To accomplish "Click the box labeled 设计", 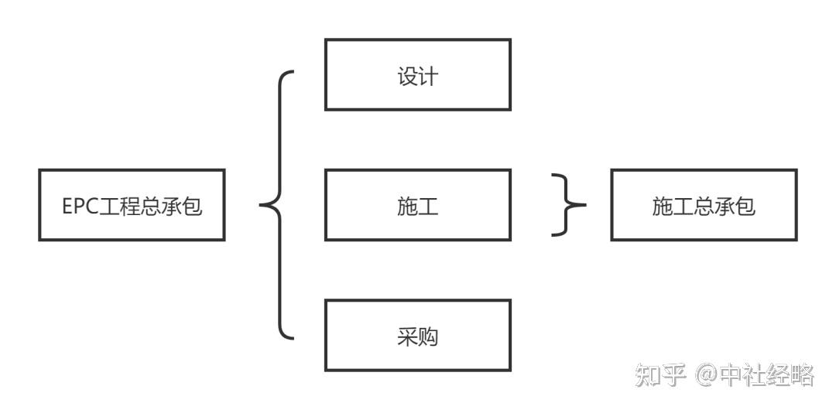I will click(417, 74).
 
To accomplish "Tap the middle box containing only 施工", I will click(417, 205).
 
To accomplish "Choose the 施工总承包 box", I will click(704, 205).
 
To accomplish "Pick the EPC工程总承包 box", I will click(132, 205).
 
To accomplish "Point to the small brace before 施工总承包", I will click(569, 205).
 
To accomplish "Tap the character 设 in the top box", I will click(407, 76).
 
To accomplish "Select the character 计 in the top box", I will click(428, 76).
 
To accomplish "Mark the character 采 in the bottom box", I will click(407, 337).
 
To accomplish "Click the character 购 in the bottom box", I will click(428, 337).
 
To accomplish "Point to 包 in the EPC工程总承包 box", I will click(193, 206).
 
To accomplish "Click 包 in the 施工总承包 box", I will click(745, 206).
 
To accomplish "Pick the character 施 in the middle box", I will click(407, 206).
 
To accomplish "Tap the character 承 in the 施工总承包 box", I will click(725, 206).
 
